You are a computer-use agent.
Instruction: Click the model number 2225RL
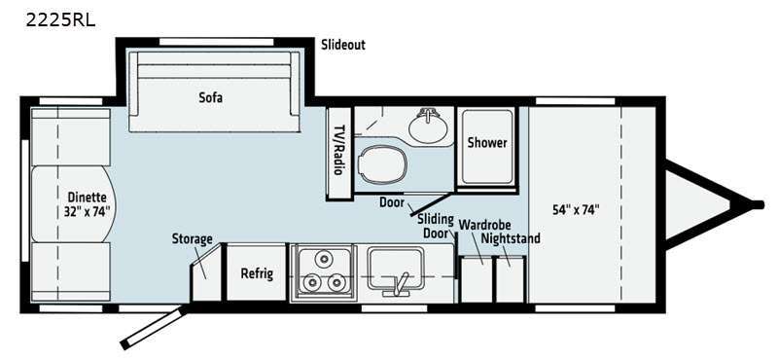pyautogui.click(x=60, y=20)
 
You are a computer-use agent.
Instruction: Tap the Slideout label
pyautogui.click(x=343, y=45)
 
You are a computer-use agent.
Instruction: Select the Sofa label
pyautogui.click(x=211, y=97)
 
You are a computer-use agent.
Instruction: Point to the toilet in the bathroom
pyautogui.click(x=382, y=163)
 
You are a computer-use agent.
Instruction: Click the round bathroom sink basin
pyautogui.click(x=428, y=126)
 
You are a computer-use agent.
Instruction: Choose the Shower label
pyautogui.click(x=487, y=143)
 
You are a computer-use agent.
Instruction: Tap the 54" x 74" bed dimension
pyautogui.click(x=576, y=209)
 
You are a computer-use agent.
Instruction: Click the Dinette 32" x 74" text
pyautogui.click(x=88, y=202)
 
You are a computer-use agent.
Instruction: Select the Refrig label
pyautogui.click(x=257, y=273)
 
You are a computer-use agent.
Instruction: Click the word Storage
pyautogui.click(x=192, y=238)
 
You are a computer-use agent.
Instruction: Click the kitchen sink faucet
pyautogui.click(x=400, y=284)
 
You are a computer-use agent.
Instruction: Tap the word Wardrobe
pyautogui.click(x=484, y=225)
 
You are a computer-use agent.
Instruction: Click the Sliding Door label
pyautogui.click(x=435, y=227)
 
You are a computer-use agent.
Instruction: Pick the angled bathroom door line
pyautogui.click(x=432, y=204)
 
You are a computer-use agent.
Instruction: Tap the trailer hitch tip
pyautogui.click(x=758, y=204)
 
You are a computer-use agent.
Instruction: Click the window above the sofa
pyautogui.click(x=216, y=42)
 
